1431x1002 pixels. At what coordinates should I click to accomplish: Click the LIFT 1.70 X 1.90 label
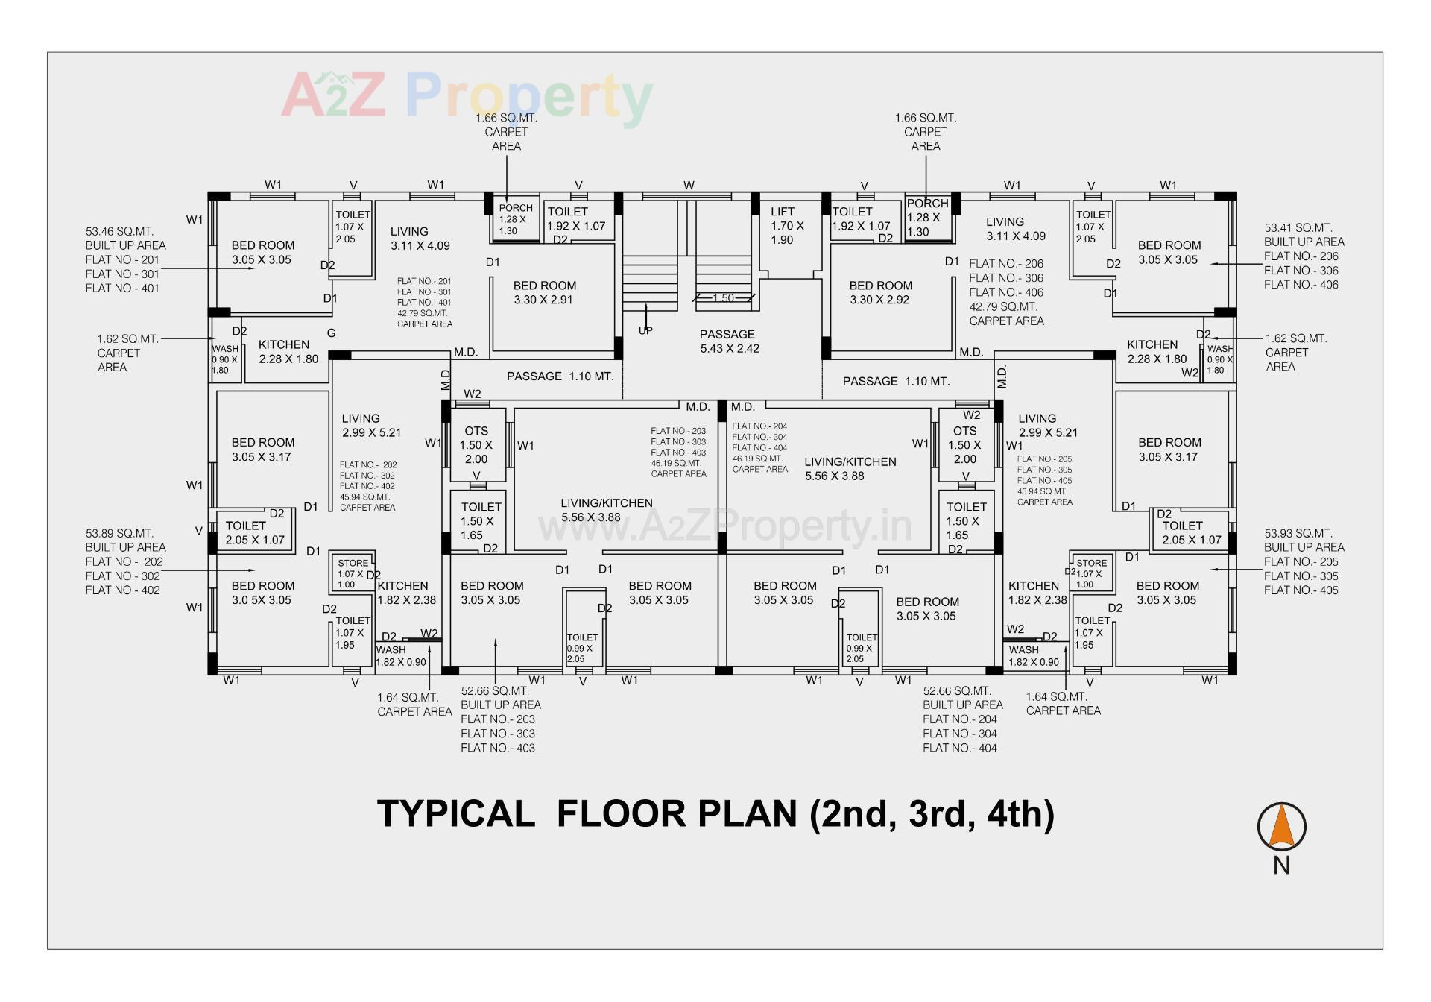pos(787,226)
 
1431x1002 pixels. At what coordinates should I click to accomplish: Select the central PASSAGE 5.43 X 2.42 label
pos(728,341)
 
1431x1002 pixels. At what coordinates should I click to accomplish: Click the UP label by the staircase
pos(645,330)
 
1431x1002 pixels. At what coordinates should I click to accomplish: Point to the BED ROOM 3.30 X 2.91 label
pos(544,292)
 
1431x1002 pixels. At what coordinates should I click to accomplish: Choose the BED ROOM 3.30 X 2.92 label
pos(880,292)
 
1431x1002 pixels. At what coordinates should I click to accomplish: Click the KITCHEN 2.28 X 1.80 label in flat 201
pos(288,351)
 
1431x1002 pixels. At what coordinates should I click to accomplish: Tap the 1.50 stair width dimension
pos(723,298)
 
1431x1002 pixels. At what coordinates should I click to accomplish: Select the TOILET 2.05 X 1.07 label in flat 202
pos(254,532)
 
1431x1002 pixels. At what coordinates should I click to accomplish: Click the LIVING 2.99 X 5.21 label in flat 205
pos(1046,425)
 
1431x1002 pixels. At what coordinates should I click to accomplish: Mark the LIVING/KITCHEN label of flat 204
pos(850,469)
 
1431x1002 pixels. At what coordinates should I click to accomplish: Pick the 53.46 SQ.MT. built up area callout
pos(125,259)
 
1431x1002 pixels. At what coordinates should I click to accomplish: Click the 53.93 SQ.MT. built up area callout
pos(1304,561)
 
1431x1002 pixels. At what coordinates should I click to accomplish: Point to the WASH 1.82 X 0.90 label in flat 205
pos(1033,655)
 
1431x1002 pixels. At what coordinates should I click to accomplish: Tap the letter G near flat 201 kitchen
pos(331,333)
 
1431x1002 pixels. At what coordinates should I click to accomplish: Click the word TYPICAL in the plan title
pos(455,813)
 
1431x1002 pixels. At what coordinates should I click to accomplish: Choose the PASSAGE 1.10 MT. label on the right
pos(896,381)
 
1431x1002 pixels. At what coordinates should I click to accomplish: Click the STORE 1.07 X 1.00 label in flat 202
pos(352,573)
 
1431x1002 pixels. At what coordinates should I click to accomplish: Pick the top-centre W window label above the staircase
pos(689,186)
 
